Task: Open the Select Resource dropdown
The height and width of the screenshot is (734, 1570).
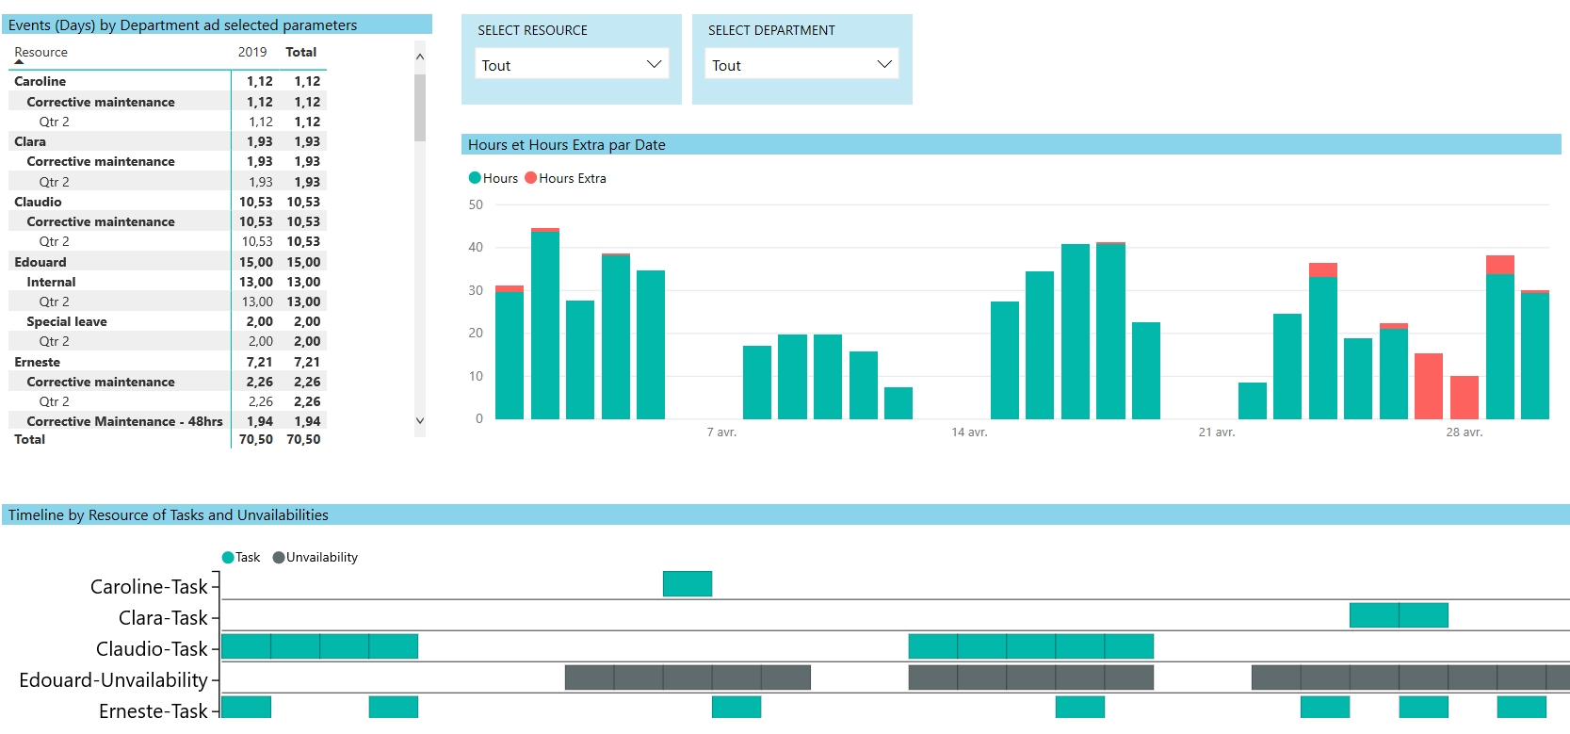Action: coord(571,64)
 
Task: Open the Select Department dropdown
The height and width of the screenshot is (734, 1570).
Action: coord(801,64)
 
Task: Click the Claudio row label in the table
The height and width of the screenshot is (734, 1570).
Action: coord(38,202)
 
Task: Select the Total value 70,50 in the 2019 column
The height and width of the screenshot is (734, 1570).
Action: coord(255,439)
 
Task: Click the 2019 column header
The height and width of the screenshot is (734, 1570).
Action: coord(252,52)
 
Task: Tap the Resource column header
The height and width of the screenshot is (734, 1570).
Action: coord(40,52)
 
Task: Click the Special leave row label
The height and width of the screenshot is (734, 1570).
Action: coord(66,321)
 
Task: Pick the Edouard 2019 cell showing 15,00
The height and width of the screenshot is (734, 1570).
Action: coord(255,262)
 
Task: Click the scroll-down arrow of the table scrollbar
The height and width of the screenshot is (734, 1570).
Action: coord(420,421)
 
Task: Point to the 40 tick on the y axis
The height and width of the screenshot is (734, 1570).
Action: coord(476,247)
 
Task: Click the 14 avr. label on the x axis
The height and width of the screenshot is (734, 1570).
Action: coord(969,432)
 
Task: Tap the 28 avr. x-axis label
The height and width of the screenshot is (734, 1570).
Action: coord(1464,432)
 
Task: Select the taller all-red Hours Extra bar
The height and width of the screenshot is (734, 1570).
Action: coord(1428,386)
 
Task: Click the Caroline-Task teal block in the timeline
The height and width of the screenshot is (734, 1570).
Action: coord(688,584)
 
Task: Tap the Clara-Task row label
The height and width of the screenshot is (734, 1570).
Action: coord(162,618)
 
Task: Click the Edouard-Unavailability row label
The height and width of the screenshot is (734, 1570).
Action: coord(113,680)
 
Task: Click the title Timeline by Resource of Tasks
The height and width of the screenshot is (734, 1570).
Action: coord(168,514)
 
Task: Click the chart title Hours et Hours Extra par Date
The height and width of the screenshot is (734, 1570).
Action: coord(566,144)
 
